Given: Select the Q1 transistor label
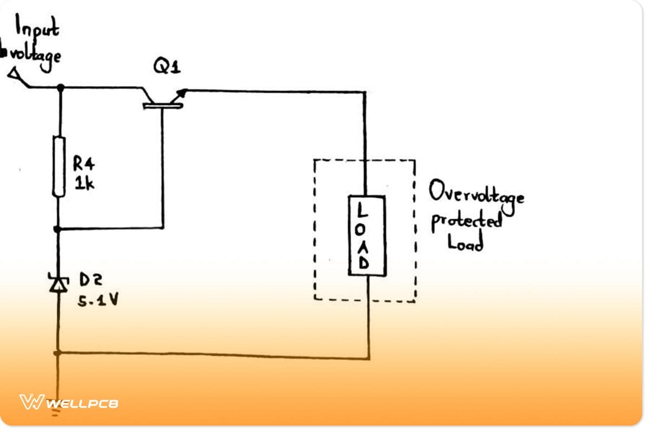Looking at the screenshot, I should (x=167, y=67).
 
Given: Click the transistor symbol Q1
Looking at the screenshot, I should (x=163, y=99).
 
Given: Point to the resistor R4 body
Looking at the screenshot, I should (x=59, y=166).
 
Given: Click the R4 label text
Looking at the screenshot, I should (x=83, y=166).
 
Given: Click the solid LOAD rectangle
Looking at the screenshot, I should (x=366, y=235).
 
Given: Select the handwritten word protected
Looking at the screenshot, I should (x=466, y=221).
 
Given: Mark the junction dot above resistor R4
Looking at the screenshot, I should (x=59, y=87).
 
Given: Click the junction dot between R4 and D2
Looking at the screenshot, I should (x=59, y=230).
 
